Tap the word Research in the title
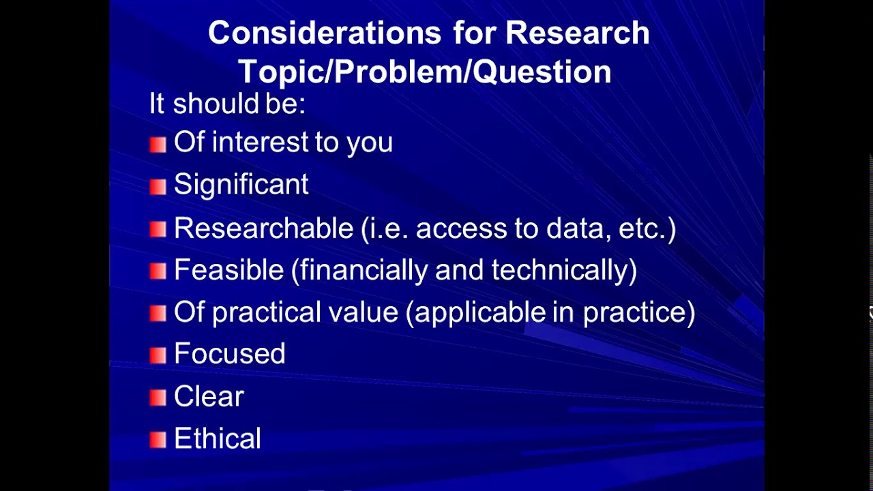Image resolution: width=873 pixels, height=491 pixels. point(578,33)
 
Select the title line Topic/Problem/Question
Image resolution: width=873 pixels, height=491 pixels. point(424,72)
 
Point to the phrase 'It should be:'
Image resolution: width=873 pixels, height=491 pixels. point(227,104)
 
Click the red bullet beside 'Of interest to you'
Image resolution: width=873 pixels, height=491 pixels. point(158,144)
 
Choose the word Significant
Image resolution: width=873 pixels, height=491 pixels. point(241,185)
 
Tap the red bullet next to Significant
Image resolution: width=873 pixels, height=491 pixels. point(158,187)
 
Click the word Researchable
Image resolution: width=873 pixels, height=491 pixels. point(263,228)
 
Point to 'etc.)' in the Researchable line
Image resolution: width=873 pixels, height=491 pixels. point(647,228)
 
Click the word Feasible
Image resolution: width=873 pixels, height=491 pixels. point(228,270)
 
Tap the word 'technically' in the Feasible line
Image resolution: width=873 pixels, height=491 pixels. point(562,270)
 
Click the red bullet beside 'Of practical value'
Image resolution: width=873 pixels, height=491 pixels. point(158,313)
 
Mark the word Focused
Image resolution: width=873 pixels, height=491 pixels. point(229,354)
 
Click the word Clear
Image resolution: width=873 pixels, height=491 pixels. point(209,396)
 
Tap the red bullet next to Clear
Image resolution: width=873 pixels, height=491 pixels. point(158,398)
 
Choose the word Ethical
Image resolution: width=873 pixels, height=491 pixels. point(217,438)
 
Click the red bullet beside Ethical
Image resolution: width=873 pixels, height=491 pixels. point(158,440)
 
